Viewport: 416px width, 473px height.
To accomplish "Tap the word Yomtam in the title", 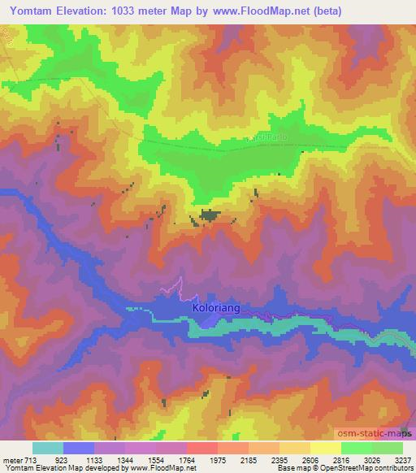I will tap(33, 11).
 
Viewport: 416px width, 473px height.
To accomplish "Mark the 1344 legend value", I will tap(126, 460).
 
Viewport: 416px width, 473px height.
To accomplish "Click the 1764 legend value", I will tap(188, 460).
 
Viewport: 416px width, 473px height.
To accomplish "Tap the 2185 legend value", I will tap(249, 460).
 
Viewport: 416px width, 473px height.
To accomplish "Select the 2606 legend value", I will tap(310, 460).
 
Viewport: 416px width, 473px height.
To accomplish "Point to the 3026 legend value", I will tap(371, 460).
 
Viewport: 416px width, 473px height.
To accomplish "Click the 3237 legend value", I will tap(402, 460).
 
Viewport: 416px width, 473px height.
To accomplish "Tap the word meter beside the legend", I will tap(12, 460).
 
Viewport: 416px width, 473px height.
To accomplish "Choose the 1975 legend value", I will tap(218, 460).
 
